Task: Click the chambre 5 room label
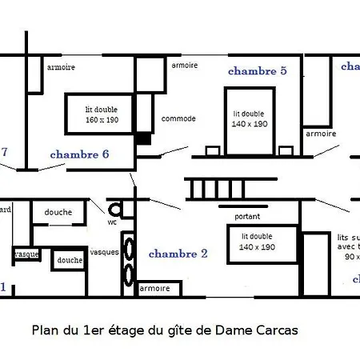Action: [x=257, y=71]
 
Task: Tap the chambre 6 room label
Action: [x=79, y=154]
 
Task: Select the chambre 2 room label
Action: [x=178, y=254]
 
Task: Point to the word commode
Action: [x=178, y=118]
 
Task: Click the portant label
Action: [x=247, y=217]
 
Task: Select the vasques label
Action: [x=104, y=251]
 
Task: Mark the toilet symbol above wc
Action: [x=115, y=210]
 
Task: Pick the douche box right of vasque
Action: [x=70, y=260]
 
